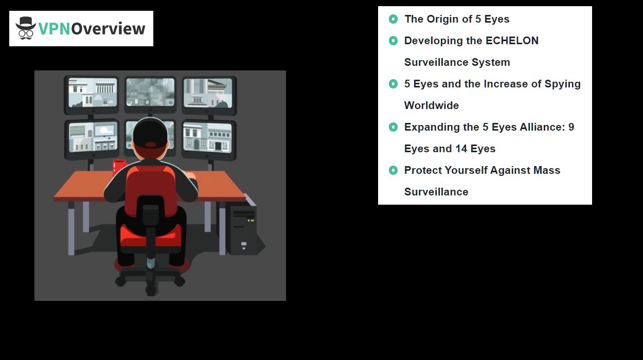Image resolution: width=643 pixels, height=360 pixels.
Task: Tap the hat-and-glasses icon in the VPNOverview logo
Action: click(26, 28)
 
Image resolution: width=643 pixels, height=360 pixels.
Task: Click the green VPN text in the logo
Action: click(54, 29)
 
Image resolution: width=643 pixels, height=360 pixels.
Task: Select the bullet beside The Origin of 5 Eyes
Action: click(393, 19)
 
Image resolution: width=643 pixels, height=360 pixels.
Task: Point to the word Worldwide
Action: click(432, 105)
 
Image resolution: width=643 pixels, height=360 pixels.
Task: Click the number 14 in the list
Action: click(461, 149)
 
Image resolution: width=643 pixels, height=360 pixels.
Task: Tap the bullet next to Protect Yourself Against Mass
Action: click(393, 170)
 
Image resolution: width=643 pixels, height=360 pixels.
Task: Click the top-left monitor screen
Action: click(93, 93)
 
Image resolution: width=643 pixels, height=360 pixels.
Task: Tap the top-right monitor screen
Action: click(208, 93)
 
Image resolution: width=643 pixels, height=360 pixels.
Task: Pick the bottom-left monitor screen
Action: click(93, 137)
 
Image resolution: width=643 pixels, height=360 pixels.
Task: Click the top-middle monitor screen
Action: click(150, 92)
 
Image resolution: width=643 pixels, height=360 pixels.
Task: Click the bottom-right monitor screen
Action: click(207, 137)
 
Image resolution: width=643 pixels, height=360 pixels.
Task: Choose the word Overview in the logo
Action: click(108, 29)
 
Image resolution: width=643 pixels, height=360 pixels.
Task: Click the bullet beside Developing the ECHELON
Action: click(393, 41)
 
